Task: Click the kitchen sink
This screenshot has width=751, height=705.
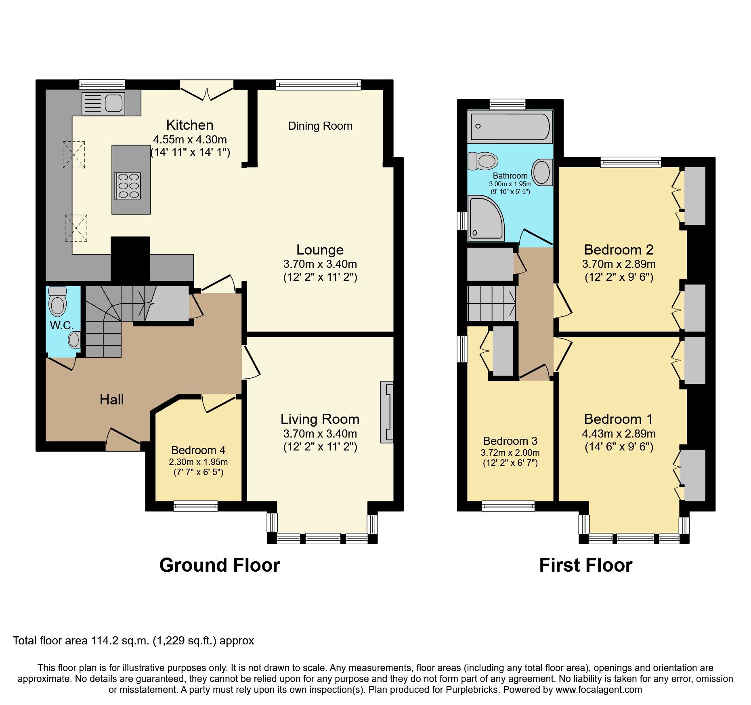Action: point(103,103)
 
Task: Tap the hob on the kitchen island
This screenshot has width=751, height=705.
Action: point(128,186)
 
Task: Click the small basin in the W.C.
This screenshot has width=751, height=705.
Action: point(74,340)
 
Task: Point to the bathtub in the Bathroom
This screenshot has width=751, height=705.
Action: point(510,126)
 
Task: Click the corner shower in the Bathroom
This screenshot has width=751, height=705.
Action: point(485,219)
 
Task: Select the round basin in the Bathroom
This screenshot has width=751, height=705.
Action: point(542,172)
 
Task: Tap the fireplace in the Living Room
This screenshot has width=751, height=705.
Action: point(387,412)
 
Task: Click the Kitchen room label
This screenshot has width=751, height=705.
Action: point(190,125)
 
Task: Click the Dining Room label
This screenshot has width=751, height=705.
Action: point(320,126)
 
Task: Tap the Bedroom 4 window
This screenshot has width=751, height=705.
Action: point(196,506)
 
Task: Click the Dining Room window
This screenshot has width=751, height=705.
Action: point(319,84)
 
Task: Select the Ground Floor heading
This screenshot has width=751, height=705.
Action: point(220,565)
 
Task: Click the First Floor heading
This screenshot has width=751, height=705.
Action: point(585,565)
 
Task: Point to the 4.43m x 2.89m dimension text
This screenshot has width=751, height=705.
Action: point(619,434)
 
